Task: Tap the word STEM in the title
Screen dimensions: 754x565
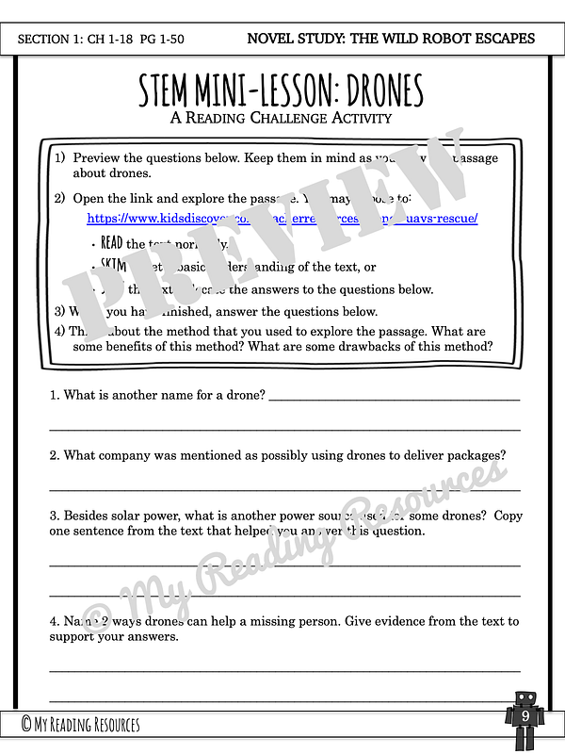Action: click(x=169, y=90)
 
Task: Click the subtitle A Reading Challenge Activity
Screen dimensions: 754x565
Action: click(x=282, y=118)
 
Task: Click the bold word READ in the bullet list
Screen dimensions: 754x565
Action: click(x=112, y=244)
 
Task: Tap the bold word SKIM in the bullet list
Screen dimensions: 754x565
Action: click(x=113, y=267)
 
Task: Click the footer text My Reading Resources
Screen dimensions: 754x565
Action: click(x=89, y=724)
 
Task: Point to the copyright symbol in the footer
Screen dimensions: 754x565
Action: click(x=28, y=724)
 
